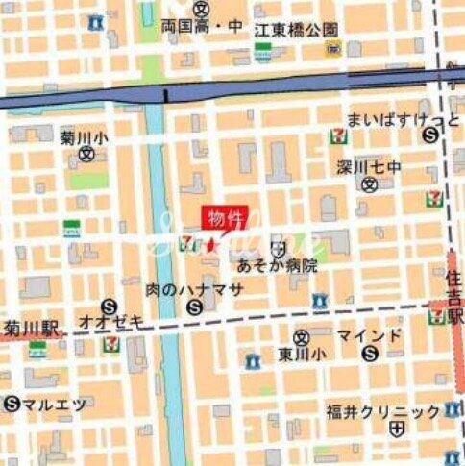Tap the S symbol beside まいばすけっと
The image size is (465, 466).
[428, 135]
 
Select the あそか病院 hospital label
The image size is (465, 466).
[278, 266]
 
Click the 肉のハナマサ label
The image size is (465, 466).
[184, 288]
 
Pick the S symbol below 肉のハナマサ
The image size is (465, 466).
[195, 307]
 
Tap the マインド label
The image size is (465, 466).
[369, 335]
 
